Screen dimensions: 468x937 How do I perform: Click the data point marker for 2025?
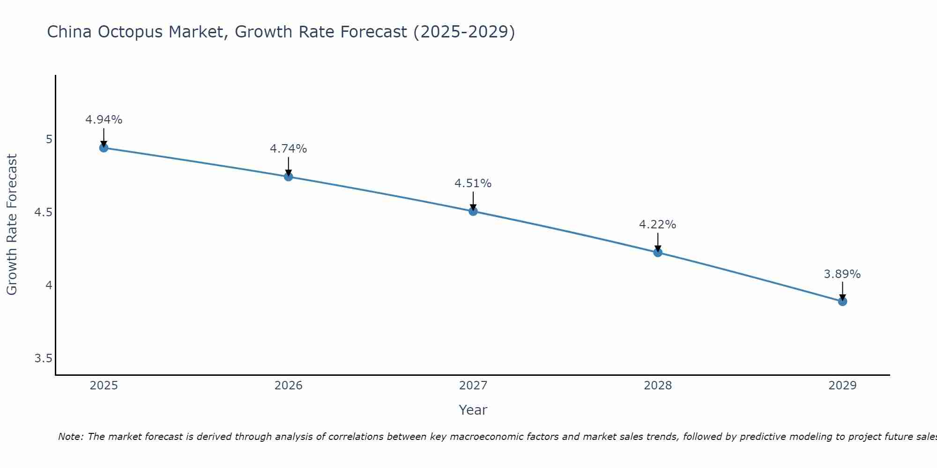(x=104, y=148)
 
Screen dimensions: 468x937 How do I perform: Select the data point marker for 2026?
(x=289, y=177)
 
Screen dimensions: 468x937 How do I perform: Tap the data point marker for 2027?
(x=473, y=211)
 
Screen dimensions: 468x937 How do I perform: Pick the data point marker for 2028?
(x=658, y=253)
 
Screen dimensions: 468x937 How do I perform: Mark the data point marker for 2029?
(x=842, y=301)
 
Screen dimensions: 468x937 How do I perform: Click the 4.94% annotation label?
(x=104, y=120)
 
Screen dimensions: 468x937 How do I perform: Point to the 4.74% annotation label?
(x=289, y=149)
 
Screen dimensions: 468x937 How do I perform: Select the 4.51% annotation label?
(x=473, y=183)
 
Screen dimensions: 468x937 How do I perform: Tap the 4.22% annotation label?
(x=658, y=225)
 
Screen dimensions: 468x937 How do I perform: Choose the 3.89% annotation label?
(x=842, y=274)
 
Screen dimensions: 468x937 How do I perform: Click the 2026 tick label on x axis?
(x=289, y=386)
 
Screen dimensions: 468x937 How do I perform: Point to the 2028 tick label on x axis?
(x=658, y=386)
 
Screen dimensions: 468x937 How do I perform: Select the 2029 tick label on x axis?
(x=842, y=386)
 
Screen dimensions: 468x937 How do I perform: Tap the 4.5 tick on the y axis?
(x=43, y=212)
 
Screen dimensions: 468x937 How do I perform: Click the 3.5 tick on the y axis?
(x=43, y=358)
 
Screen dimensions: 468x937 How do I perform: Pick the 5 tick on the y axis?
(x=49, y=139)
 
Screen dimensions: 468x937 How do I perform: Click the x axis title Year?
(x=473, y=410)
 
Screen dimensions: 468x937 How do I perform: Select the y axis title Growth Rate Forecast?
(x=12, y=225)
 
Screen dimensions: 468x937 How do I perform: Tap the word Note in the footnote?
(x=70, y=437)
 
